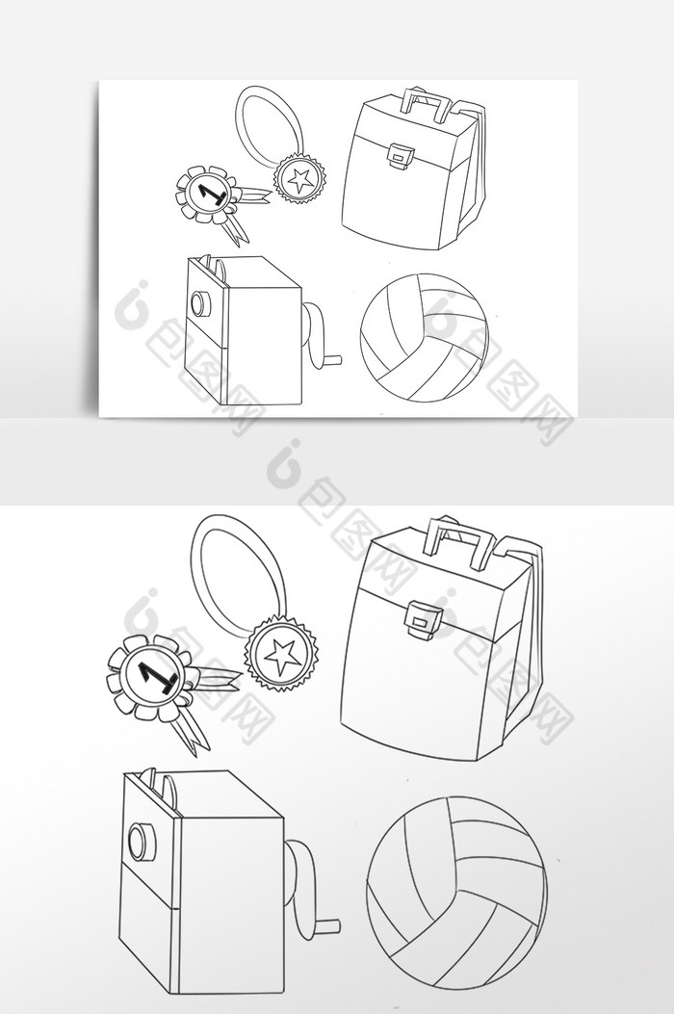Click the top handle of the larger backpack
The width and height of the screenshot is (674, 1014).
pyautogui.click(x=460, y=539)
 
